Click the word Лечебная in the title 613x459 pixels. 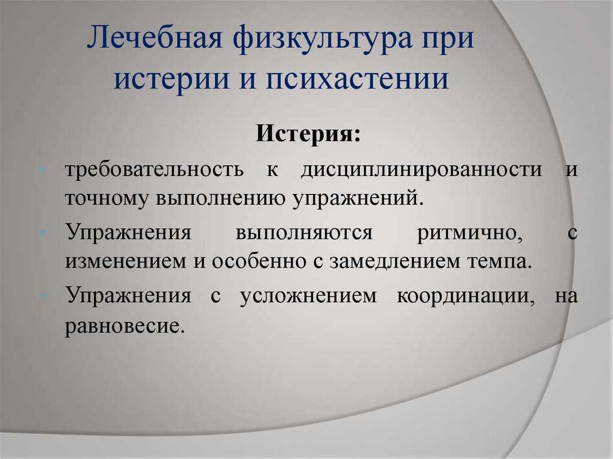coord(155,38)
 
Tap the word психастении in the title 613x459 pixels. coord(357,78)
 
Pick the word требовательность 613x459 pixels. coord(154,169)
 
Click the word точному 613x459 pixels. coord(107,198)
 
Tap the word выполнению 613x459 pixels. coord(221,198)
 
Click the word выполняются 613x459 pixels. coord(304,233)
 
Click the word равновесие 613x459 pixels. coord(125,326)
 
